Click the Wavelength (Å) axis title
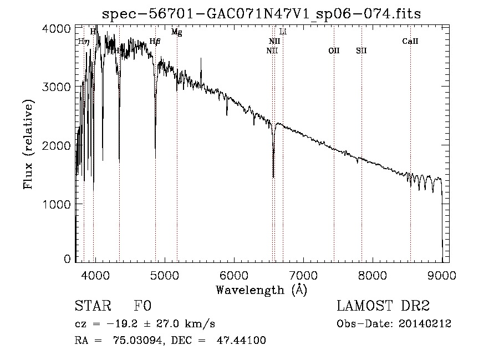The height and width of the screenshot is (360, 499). coord(261,290)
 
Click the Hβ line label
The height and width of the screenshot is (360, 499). coord(155,42)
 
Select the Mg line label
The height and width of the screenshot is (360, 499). coord(176,32)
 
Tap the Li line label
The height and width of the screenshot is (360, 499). coord(283,32)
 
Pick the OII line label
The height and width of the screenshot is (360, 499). coord(334,51)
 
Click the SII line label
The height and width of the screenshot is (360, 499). coord(361,51)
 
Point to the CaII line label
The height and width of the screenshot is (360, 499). coord(410,42)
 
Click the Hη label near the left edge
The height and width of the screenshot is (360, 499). coord(83,42)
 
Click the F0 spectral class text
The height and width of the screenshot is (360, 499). coord(142,306)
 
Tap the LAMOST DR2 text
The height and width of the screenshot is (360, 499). coord(383,306)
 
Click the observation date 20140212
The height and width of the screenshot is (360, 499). coord(424,324)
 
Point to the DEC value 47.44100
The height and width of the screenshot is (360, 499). coord(241,341)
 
